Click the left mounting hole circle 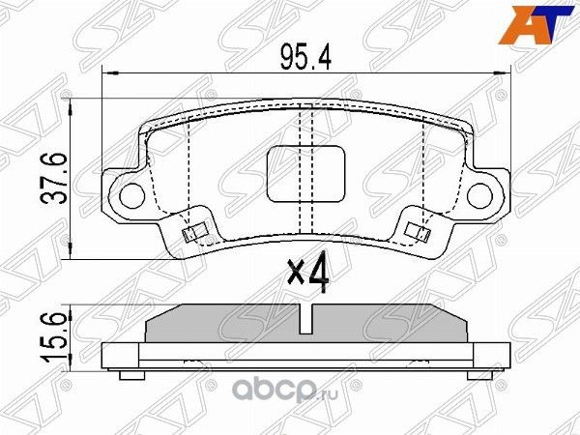(x=128, y=191)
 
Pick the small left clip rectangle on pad (x=193, y=231)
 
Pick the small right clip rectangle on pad (x=419, y=231)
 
